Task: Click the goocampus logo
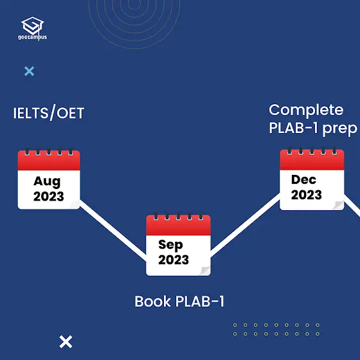(32, 28)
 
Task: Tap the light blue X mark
(29, 71)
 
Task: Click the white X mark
(66, 341)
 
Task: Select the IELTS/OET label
(49, 113)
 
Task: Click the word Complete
(306, 110)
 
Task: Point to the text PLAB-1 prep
(313, 129)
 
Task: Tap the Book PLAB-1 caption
(179, 301)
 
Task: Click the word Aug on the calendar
(47, 182)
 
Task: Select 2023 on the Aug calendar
(49, 197)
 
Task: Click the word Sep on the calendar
(170, 245)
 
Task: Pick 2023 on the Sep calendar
(174, 260)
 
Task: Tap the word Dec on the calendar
(303, 179)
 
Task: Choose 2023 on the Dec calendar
(307, 195)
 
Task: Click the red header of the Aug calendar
(49, 161)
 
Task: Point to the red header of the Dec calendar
(312, 160)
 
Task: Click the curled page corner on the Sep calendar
(205, 271)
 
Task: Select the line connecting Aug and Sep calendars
(113, 231)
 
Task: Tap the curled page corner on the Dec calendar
(338, 205)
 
